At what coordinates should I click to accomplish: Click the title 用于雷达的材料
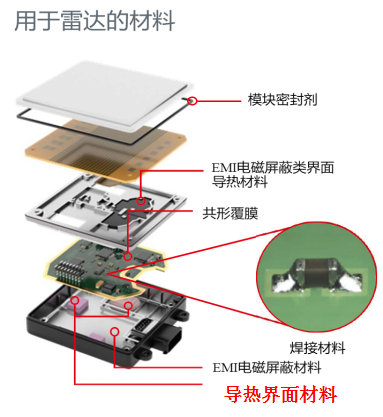95,21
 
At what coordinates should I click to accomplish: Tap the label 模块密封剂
282,100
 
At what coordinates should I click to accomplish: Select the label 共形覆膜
230,213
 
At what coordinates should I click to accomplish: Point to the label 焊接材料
317,348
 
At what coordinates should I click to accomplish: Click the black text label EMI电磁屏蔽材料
267,368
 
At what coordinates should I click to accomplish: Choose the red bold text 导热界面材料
280,395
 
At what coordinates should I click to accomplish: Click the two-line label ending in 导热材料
273,175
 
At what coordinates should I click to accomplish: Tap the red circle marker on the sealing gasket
192,100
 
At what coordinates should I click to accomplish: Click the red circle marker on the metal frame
141,201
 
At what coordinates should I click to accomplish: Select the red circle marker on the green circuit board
128,256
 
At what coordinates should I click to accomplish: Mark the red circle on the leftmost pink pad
75,301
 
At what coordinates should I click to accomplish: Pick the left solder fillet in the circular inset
284,283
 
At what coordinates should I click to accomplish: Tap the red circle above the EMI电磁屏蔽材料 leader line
115,331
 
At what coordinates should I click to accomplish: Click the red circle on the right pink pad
128,305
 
